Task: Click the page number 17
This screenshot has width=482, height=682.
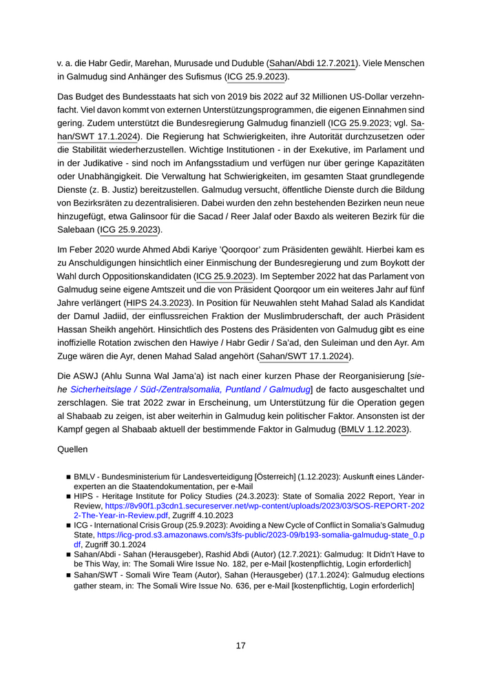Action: point(240,645)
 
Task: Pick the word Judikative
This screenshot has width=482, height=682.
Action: point(107,167)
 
